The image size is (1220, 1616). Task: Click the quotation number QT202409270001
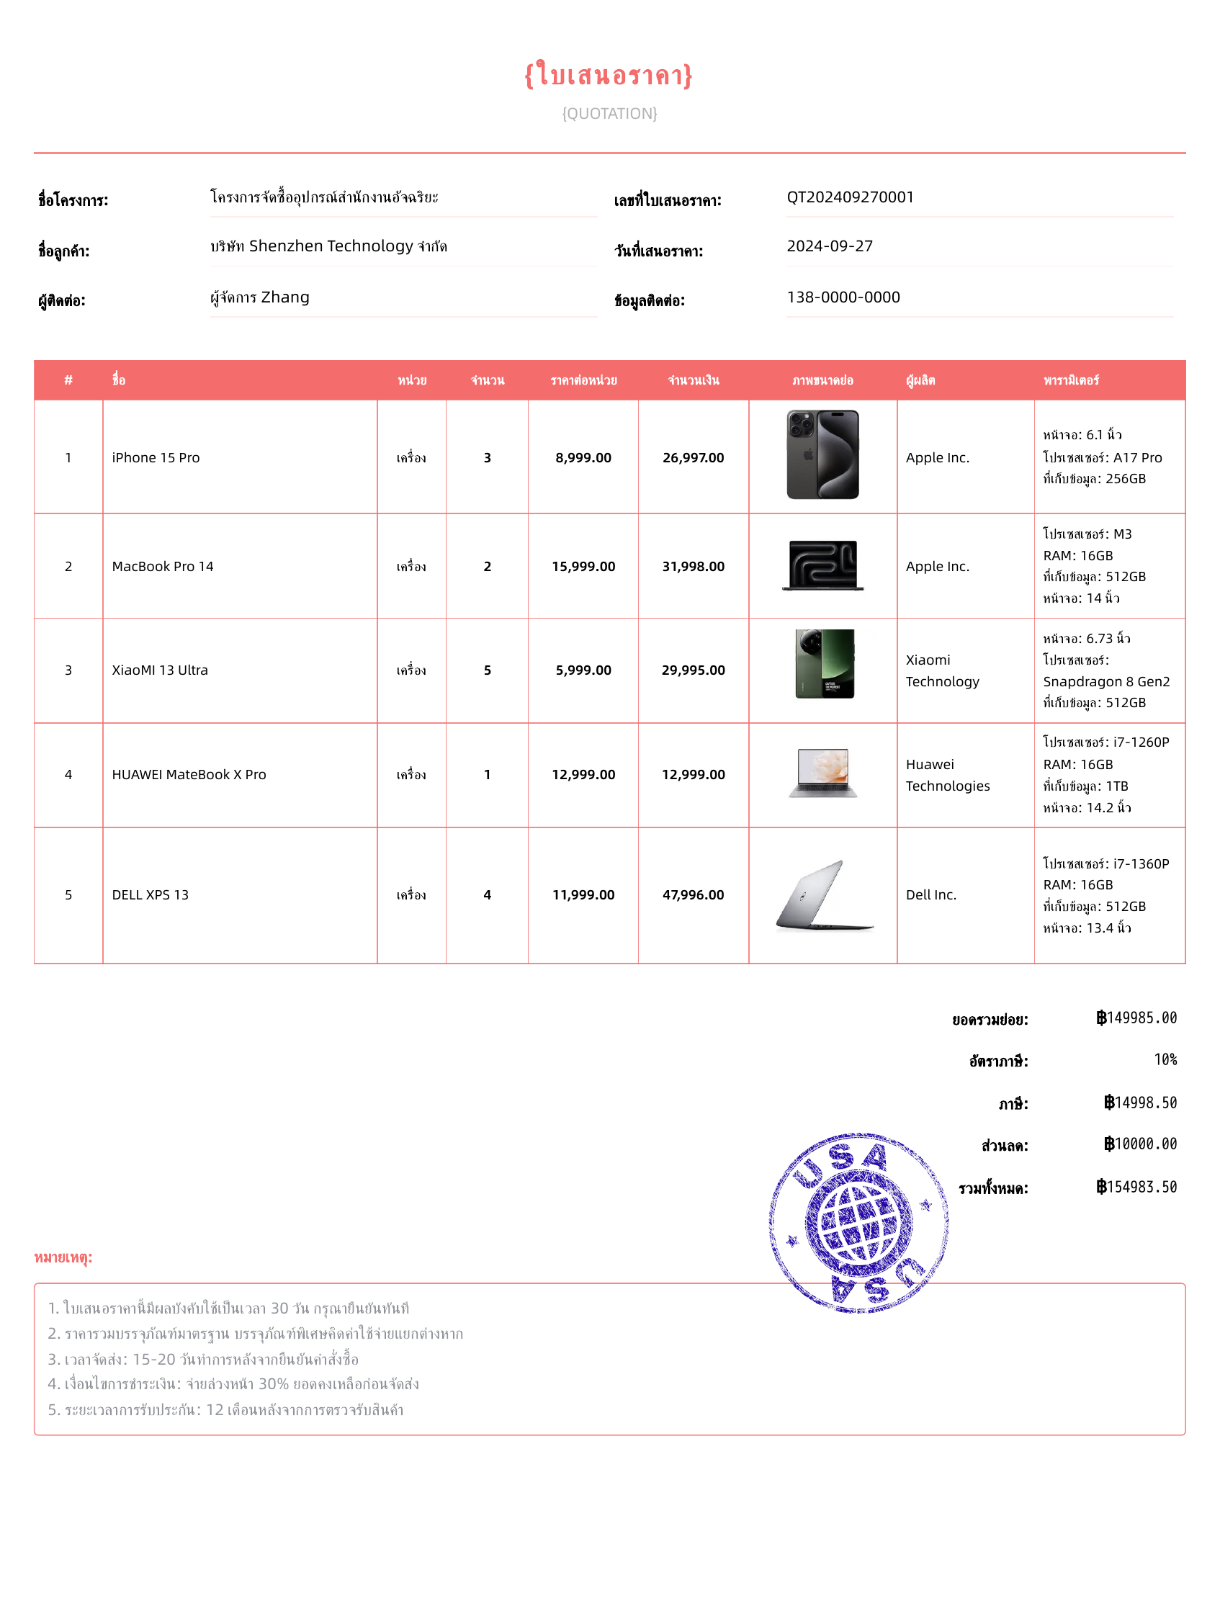[x=850, y=197]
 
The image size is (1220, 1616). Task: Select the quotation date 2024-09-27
[x=829, y=246]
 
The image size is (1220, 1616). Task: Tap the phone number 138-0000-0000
[x=843, y=297]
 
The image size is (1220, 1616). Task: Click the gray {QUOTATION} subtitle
[x=609, y=113]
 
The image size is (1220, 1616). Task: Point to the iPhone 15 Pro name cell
[x=156, y=458]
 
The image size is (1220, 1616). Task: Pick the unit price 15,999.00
[x=583, y=567]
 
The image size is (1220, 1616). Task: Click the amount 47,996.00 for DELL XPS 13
[x=693, y=895]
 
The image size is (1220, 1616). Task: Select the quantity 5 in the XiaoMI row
[x=488, y=670]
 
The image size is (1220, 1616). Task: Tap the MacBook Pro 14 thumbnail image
[x=822, y=565]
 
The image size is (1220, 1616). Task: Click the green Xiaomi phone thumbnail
[x=824, y=664]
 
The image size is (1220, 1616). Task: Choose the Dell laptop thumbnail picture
[x=824, y=895]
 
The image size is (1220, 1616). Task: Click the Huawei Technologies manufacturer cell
[x=948, y=775]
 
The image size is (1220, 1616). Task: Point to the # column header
[x=68, y=381]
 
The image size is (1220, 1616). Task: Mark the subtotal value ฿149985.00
[x=1136, y=1018]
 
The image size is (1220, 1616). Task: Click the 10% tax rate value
[x=1165, y=1060]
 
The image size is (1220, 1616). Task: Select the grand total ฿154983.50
[x=1136, y=1188]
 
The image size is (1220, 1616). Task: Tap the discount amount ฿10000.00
[x=1139, y=1144]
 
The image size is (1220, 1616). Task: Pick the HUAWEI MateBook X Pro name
[x=189, y=775]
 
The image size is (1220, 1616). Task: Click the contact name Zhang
[x=285, y=297]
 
